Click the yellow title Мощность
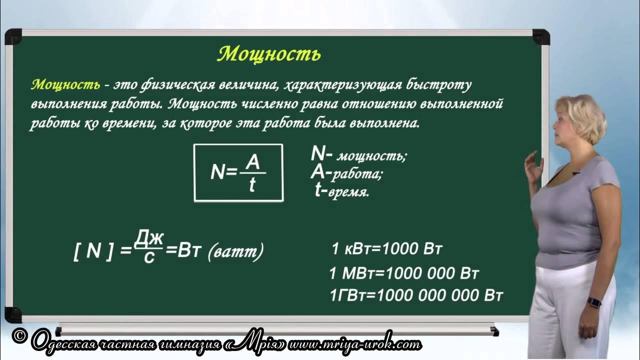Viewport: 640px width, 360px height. click(x=268, y=53)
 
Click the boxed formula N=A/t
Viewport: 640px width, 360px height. click(x=238, y=172)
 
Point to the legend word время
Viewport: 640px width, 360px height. click(x=348, y=193)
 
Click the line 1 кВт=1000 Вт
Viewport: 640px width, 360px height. click(x=387, y=249)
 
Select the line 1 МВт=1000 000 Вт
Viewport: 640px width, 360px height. click(x=404, y=273)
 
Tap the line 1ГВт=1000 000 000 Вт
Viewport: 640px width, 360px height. click(x=416, y=295)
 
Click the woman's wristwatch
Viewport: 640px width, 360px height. click(x=593, y=302)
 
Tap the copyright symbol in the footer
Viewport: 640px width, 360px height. click(x=19, y=337)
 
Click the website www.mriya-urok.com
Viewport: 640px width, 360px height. click(x=354, y=344)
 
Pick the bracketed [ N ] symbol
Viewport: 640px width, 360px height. click(x=93, y=251)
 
